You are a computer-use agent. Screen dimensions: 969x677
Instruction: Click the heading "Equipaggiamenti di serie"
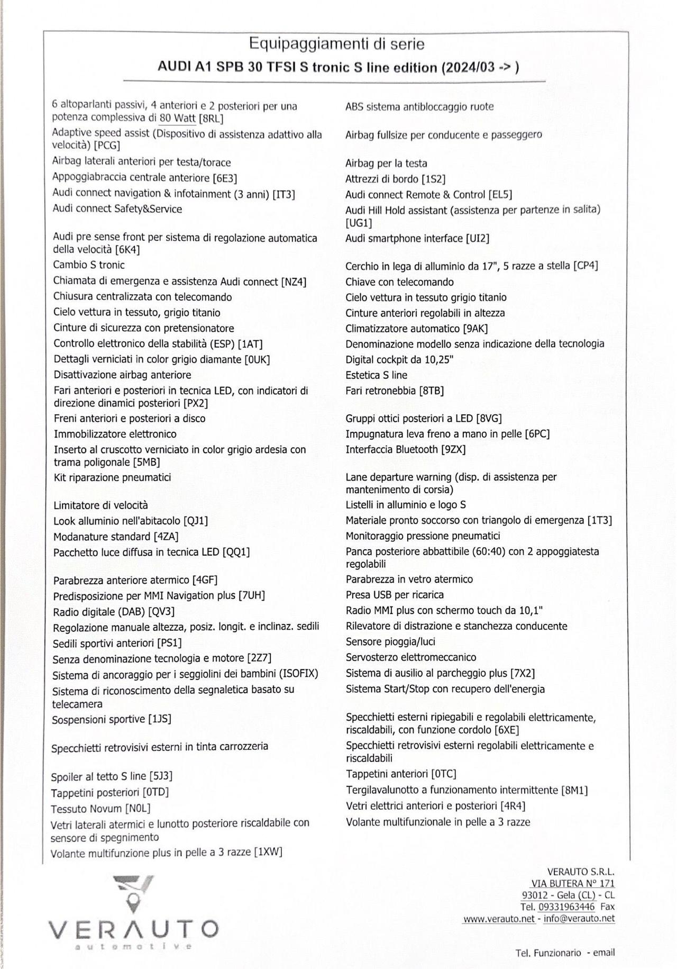coord(336,44)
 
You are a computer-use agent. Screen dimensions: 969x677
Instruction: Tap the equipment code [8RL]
coord(211,119)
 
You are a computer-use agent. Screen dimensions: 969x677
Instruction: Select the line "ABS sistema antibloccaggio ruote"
coord(419,107)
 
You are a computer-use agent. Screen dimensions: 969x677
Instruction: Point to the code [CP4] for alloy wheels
coord(585,266)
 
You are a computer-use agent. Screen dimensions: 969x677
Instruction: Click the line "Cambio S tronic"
coord(89,265)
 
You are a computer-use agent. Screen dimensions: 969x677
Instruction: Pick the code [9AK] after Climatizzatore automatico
coord(475,329)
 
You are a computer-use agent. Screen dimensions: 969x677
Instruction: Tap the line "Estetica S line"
coord(376,375)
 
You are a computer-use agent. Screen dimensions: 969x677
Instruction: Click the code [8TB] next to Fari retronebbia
coord(431,391)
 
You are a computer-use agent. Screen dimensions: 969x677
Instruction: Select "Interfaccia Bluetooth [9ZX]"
coord(405,449)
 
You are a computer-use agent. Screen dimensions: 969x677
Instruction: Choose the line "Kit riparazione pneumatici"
coord(112,477)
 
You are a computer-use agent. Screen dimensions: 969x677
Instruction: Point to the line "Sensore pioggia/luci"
coord(390,641)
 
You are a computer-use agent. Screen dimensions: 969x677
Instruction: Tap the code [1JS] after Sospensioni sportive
coord(160,719)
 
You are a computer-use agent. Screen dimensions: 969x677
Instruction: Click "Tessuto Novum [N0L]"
coord(100,809)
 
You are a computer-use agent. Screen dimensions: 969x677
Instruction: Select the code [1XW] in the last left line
coord(268,852)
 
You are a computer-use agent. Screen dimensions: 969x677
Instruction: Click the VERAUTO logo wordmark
coord(133,928)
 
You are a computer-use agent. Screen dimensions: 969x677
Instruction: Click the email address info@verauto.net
coord(579,918)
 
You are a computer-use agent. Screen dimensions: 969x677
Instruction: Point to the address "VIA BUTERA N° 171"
coord(573,883)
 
